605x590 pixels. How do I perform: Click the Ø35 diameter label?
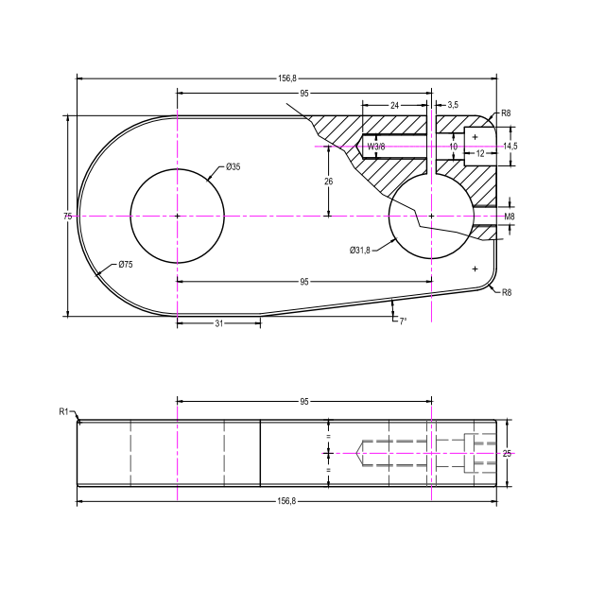click(233, 167)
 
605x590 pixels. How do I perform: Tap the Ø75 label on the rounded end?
click(126, 266)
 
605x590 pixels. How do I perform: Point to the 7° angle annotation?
click(402, 322)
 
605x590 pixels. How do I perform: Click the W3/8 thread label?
click(375, 147)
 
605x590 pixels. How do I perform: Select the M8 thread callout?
click(510, 217)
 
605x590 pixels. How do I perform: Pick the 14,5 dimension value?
click(510, 147)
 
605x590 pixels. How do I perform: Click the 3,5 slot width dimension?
click(453, 105)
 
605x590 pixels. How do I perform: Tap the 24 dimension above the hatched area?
click(394, 105)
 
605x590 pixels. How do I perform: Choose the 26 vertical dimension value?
click(328, 181)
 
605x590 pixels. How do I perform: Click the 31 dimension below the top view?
click(218, 323)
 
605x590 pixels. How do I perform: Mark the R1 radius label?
click(64, 411)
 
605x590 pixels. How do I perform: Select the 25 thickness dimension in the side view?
click(507, 454)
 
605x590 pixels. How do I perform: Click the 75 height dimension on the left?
click(68, 217)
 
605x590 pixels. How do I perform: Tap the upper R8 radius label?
click(507, 113)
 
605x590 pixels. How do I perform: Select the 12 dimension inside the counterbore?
click(480, 153)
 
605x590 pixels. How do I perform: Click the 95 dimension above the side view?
click(304, 402)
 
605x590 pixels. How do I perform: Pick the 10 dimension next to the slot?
click(453, 147)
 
